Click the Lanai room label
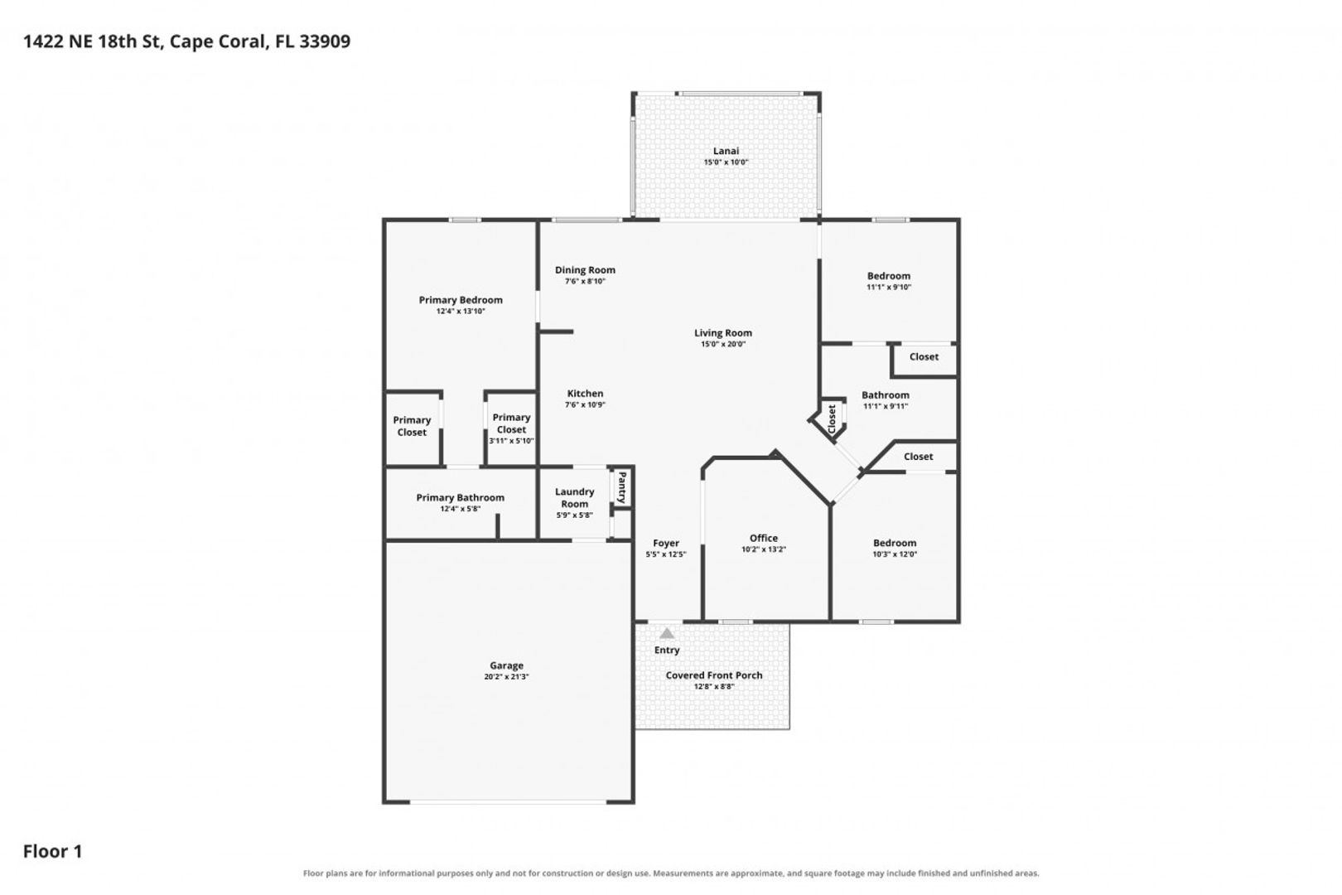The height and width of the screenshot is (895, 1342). [726, 151]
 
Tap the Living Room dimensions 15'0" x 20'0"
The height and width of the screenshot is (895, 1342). [723, 344]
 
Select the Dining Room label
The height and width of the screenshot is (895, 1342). [585, 270]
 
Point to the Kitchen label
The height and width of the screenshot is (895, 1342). [586, 394]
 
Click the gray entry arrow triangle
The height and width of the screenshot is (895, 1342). [666, 634]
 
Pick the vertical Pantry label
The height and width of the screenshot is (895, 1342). [622, 487]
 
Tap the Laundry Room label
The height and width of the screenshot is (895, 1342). [575, 497]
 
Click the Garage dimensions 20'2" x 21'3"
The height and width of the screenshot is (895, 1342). [506, 677]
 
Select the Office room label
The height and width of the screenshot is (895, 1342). [763, 539]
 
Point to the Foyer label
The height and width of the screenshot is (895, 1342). [665, 543]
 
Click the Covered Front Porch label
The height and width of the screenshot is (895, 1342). [713, 675]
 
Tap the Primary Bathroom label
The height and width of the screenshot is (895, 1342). [460, 497]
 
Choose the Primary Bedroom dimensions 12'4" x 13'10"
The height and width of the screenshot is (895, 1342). [461, 311]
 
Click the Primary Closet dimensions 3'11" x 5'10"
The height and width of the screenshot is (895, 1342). [511, 441]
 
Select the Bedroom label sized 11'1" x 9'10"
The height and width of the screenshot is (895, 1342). [889, 276]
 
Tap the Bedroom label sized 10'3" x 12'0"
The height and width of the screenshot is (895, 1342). [895, 543]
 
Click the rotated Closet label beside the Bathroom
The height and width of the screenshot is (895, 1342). [832, 419]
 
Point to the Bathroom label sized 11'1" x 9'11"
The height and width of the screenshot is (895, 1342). [886, 395]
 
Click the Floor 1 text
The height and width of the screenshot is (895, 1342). [53, 851]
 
